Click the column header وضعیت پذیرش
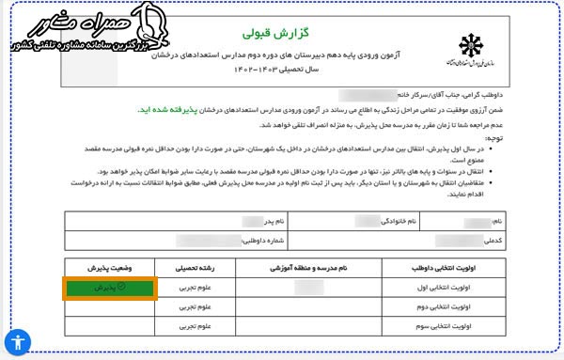(x=110, y=268)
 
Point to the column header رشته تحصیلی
(x=191, y=268)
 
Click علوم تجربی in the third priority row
(x=191, y=326)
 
